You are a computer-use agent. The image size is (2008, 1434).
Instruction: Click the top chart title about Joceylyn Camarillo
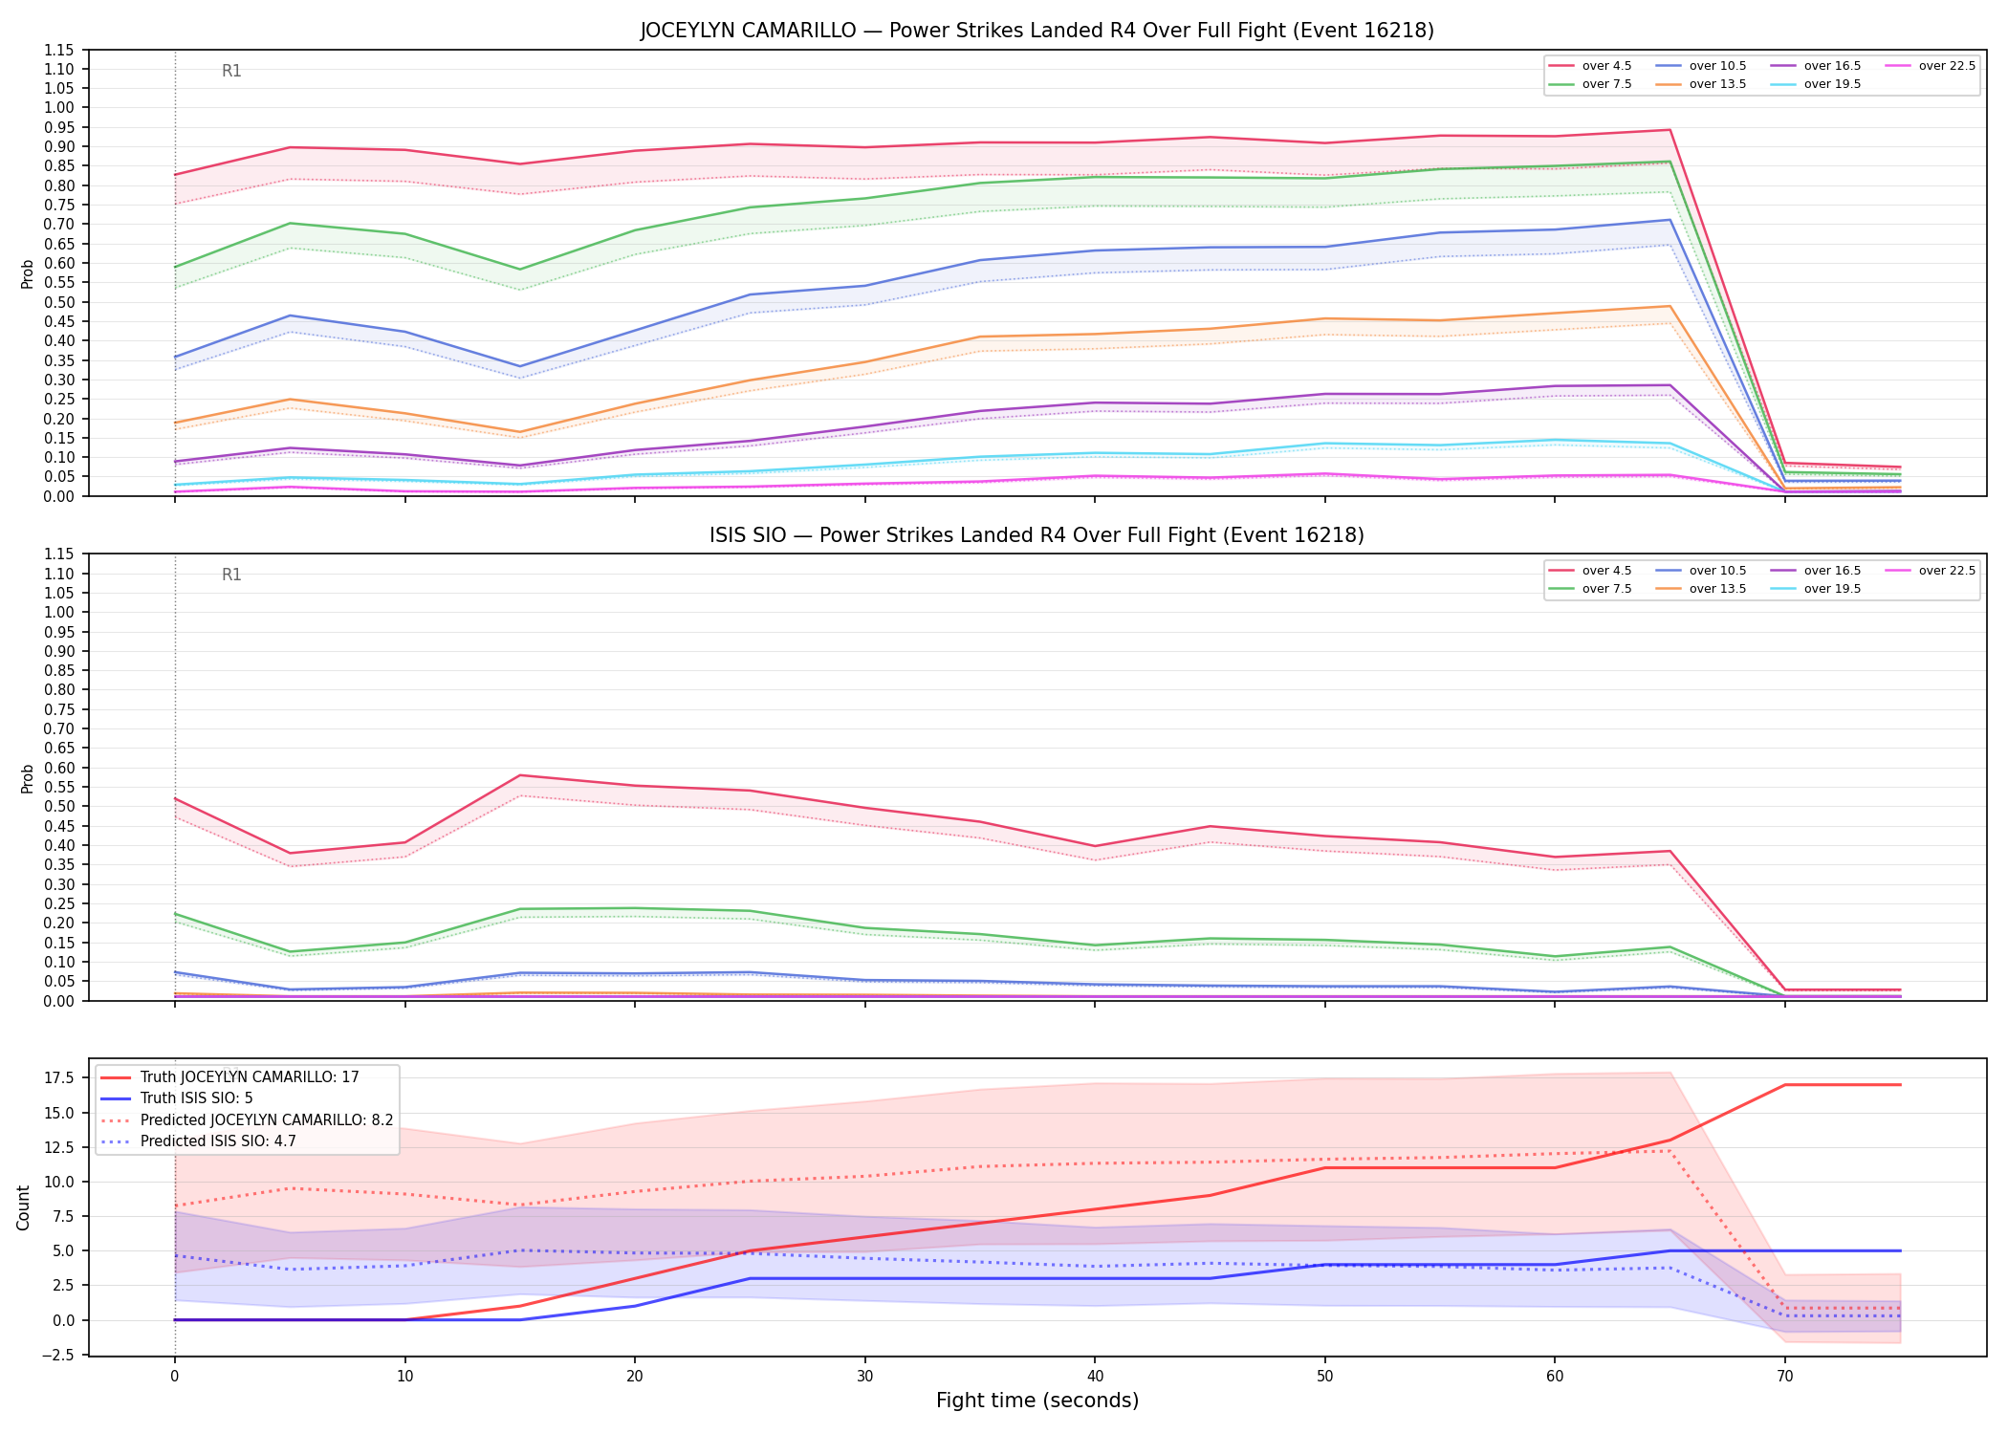click(x=1037, y=31)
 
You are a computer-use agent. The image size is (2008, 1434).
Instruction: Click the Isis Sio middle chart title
click(x=1037, y=535)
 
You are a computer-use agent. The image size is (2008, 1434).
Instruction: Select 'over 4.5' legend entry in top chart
click(x=1590, y=66)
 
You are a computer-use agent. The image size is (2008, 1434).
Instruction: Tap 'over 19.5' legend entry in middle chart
click(x=1816, y=589)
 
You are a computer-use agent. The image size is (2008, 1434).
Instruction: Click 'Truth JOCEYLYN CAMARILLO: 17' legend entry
click(x=229, y=1077)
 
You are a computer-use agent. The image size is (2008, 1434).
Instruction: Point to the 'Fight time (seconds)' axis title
click(x=1037, y=1401)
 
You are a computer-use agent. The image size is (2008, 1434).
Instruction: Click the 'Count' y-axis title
click(x=24, y=1207)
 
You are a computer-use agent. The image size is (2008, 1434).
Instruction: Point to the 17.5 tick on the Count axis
click(x=59, y=1078)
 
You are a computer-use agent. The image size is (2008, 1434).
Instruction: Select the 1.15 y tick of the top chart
click(x=60, y=50)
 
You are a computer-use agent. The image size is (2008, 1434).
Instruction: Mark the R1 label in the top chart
click(x=231, y=71)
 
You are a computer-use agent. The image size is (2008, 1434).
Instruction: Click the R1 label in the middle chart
click(x=231, y=575)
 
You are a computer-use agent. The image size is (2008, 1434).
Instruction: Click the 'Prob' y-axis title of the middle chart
click(x=27, y=778)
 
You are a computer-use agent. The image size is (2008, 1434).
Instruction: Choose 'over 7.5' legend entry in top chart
click(x=1590, y=84)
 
